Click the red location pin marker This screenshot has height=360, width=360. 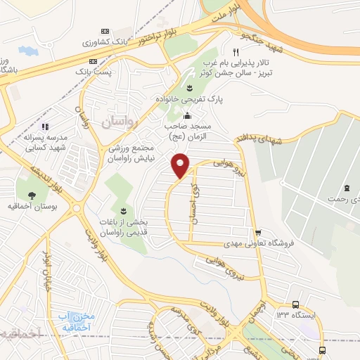(x=181, y=165)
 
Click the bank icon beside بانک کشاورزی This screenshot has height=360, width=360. (x=105, y=31)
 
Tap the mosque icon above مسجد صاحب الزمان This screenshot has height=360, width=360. (x=187, y=116)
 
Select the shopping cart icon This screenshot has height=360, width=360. (x=259, y=233)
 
